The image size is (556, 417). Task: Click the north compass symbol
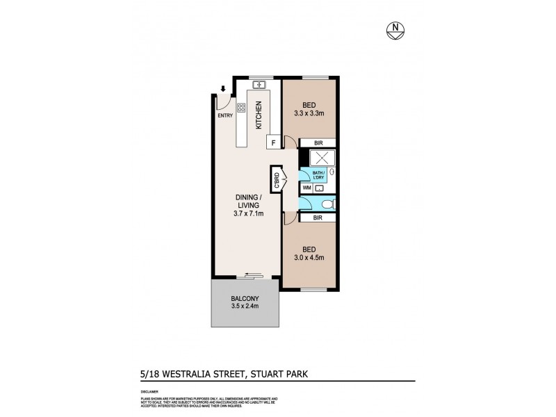395,30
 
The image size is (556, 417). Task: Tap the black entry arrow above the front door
222,89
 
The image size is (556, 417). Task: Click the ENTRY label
225,116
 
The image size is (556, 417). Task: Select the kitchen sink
259,85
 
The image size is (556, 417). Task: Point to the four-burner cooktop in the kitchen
241,108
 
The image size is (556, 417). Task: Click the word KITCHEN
259,115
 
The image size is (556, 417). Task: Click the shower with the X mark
318,158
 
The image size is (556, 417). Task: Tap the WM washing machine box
306,188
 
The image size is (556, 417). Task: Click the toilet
327,203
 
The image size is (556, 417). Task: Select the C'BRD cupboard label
276,181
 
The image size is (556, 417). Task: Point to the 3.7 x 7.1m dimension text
247,214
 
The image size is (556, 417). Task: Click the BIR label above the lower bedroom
318,218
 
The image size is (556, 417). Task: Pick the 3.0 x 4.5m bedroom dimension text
309,258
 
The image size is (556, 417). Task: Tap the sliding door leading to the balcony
250,276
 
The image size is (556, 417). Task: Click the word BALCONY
245,300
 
